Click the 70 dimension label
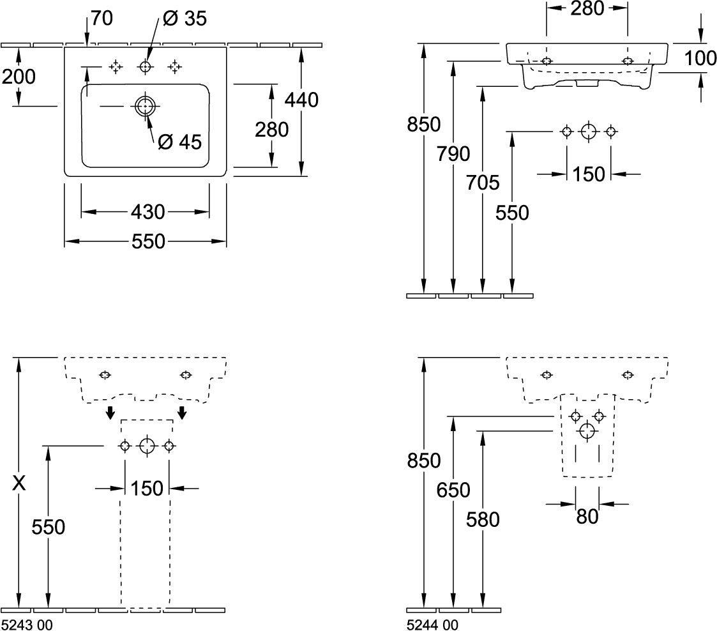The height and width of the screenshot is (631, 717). click(x=102, y=19)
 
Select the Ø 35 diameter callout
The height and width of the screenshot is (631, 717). click(x=185, y=19)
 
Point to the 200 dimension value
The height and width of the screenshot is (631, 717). click(x=18, y=77)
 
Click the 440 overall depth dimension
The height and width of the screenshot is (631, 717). click(x=301, y=100)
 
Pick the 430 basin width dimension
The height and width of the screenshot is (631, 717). click(x=147, y=211)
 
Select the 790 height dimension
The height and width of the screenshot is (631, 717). click(x=453, y=154)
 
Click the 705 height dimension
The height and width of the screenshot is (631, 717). click(x=483, y=183)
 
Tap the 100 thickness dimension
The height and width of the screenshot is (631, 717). click(x=700, y=59)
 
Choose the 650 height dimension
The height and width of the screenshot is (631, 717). click(x=453, y=490)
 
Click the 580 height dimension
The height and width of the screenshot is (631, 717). click(x=483, y=519)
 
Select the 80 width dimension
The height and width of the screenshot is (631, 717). click(x=587, y=516)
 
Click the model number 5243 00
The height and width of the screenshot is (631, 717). click(x=27, y=625)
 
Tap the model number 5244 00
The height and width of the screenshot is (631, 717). click(x=432, y=625)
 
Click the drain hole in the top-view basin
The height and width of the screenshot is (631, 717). click(x=146, y=107)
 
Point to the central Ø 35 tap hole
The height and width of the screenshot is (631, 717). click(x=146, y=66)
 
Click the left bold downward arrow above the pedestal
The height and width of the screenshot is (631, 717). click(x=110, y=413)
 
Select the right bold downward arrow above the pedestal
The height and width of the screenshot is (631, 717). click(x=183, y=413)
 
